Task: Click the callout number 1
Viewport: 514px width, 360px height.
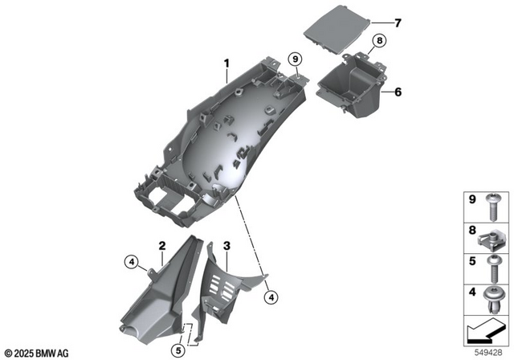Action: tap(226, 63)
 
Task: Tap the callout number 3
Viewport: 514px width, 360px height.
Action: tap(227, 245)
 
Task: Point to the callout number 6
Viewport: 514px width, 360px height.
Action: tap(398, 92)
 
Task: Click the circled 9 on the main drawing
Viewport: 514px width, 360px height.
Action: tap(295, 59)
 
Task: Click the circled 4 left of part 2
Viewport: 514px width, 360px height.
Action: tap(131, 260)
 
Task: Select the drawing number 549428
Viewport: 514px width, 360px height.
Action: tap(490, 351)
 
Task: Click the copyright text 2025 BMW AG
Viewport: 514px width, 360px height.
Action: tap(37, 352)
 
